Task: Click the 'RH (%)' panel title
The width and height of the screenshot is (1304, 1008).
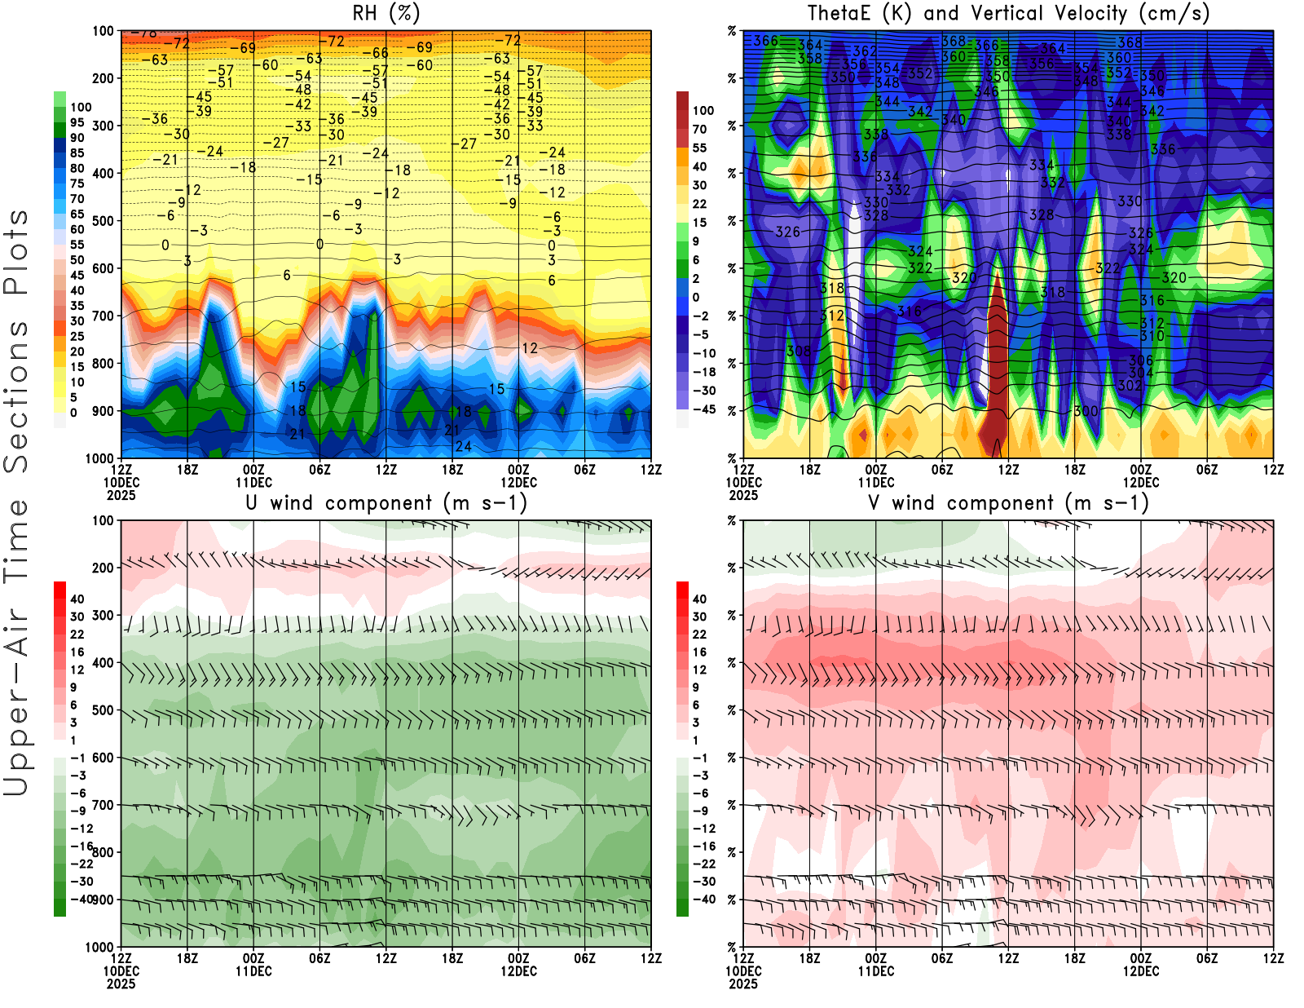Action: click(386, 13)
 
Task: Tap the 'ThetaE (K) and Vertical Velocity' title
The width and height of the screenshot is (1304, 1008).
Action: click(1008, 13)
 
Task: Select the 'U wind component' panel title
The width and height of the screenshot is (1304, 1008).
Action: click(386, 502)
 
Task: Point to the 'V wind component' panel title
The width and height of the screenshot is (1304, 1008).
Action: click(1008, 502)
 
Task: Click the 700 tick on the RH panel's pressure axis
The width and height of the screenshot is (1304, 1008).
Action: click(104, 316)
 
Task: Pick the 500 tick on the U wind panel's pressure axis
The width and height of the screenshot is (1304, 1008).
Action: click(104, 710)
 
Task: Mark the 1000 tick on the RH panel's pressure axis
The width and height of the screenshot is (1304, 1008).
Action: click(100, 458)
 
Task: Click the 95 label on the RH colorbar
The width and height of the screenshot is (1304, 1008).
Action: click(77, 122)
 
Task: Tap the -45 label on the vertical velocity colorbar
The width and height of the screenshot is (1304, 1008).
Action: click(704, 409)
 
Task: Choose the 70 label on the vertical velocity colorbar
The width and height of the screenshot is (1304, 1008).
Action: click(700, 129)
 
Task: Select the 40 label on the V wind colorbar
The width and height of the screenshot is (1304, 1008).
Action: click(700, 599)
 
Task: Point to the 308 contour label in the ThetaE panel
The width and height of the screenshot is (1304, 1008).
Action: click(799, 351)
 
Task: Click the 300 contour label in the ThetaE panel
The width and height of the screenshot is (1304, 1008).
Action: click(1086, 411)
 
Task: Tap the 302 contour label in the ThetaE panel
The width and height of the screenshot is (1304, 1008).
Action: click(1130, 385)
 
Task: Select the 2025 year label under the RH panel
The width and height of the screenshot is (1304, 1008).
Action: click(121, 495)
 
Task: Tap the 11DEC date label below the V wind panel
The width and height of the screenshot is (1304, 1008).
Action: click(876, 971)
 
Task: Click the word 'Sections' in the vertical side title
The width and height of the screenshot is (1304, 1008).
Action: click(16, 396)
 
